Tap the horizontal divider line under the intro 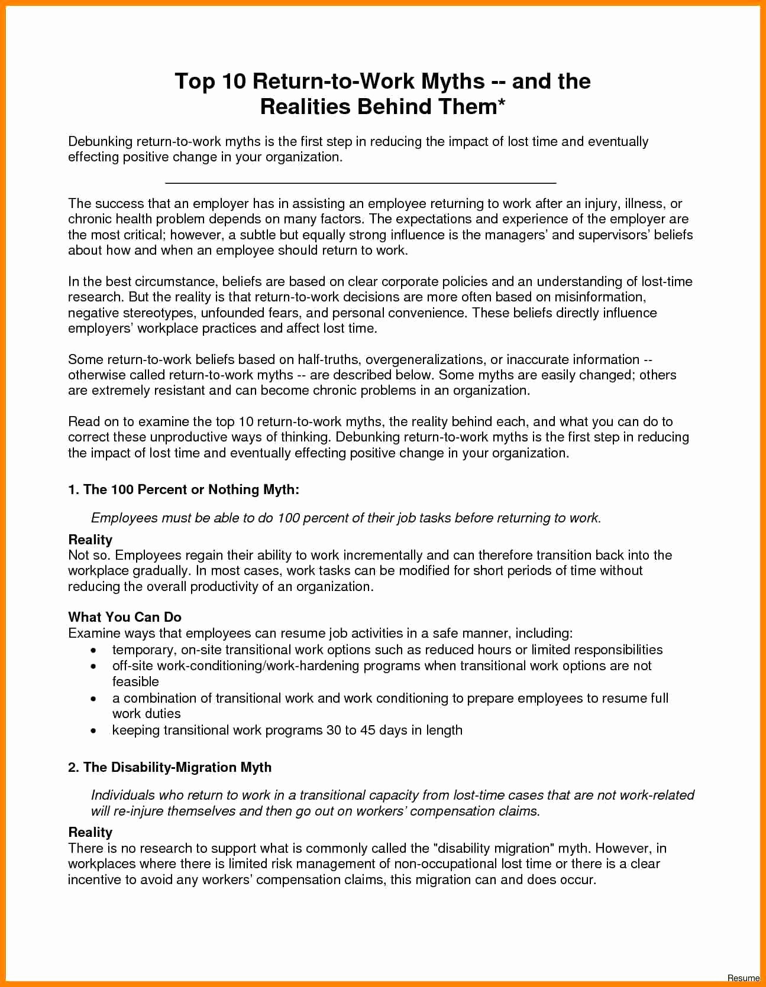tap(360, 184)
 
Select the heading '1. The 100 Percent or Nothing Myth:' tap(183, 489)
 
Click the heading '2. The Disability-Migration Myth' tap(170, 767)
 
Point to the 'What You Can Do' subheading tap(125, 617)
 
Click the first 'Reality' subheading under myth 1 tap(90, 540)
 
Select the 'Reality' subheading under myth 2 tap(90, 832)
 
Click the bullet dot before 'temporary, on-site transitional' tap(93, 650)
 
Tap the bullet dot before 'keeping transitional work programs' tap(93, 731)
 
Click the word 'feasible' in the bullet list tap(135, 681)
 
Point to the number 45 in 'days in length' tap(367, 730)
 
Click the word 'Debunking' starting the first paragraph tap(100, 142)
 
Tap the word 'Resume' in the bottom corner tap(744, 978)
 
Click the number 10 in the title tap(234, 82)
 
